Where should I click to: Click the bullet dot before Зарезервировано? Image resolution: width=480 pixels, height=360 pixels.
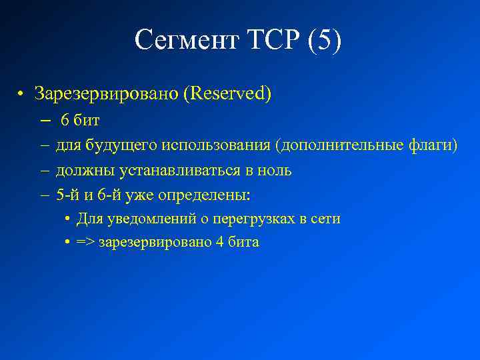click(23, 94)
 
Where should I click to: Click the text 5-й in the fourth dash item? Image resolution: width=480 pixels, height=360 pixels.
click(67, 195)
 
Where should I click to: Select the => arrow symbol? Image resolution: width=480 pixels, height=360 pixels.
click(85, 243)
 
